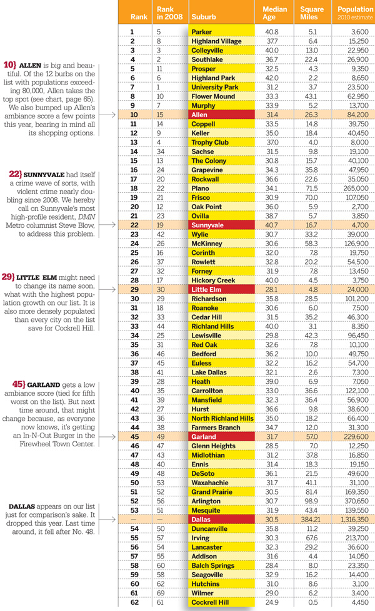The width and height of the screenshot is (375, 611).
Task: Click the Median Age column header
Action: pyautogui.click(x=274, y=13)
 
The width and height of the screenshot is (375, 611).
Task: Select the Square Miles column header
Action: pyautogui.click(x=312, y=13)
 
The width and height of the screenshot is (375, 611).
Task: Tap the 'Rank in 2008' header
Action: pyautogui.click(x=169, y=13)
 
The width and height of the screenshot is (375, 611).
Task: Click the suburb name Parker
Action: pyautogui.click(x=201, y=32)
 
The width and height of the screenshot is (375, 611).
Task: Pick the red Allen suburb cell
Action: pyautogui.click(x=222, y=115)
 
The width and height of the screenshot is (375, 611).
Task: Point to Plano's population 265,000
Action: pyautogui.click(x=356, y=188)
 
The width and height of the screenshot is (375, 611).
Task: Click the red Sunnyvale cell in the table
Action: pyautogui.click(x=222, y=225)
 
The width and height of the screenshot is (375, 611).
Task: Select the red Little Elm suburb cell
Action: pyautogui.click(x=222, y=289)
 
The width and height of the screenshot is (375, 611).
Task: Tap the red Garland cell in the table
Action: pyautogui.click(x=222, y=436)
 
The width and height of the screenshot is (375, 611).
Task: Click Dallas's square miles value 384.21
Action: pyautogui.click(x=312, y=520)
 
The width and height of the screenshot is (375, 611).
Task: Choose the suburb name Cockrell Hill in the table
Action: pyautogui.click(x=210, y=602)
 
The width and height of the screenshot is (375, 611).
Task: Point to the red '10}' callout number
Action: pyautogui.click(x=10, y=65)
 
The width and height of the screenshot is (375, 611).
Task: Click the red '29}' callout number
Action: pyautogui.click(x=8, y=277)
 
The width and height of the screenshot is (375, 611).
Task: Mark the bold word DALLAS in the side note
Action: pyautogui.click(x=22, y=506)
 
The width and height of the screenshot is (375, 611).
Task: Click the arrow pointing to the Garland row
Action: pyautogui.click(x=107, y=437)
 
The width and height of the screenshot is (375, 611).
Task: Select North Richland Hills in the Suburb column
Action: pyautogui.click(x=222, y=418)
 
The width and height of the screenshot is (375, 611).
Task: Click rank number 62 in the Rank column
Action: pyautogui.click(x=134, y=602)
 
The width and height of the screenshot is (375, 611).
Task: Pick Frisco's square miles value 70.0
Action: pyautogui.click(x=311, y=198)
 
